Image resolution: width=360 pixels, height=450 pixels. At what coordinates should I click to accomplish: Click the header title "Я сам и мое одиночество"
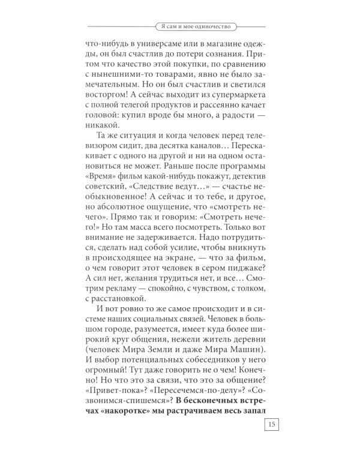[x=193, y=27]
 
